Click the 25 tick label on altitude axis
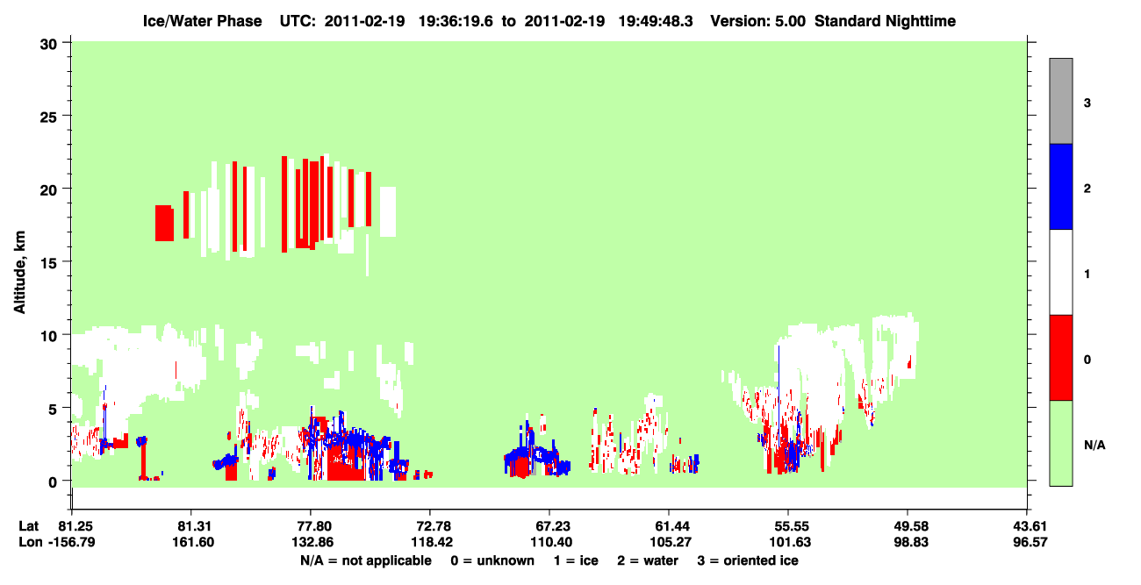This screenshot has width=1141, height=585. [48, 118]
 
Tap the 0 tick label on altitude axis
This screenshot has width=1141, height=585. [53, 482]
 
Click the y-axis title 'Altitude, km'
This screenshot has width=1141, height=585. [19, 273]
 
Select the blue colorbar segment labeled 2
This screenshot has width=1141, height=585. [1060, 186]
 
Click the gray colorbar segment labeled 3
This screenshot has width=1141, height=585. [1060, 101]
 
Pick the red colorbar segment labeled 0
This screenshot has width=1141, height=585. [1060, 358]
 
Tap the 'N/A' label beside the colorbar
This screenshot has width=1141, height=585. [1094, 445]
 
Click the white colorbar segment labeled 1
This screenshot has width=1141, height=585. [1060, 272]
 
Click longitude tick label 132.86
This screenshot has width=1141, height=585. [312, 542]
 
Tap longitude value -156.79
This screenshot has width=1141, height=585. [71, 542]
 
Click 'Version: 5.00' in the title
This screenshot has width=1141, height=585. [758, 21]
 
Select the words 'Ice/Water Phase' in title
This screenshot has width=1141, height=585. [202, 21]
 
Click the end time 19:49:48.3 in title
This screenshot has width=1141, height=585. [656, 21]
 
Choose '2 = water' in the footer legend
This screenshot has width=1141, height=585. [648, 560]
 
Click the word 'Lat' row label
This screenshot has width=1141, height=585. [29, 526]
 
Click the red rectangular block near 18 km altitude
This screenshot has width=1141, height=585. [164, 223]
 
